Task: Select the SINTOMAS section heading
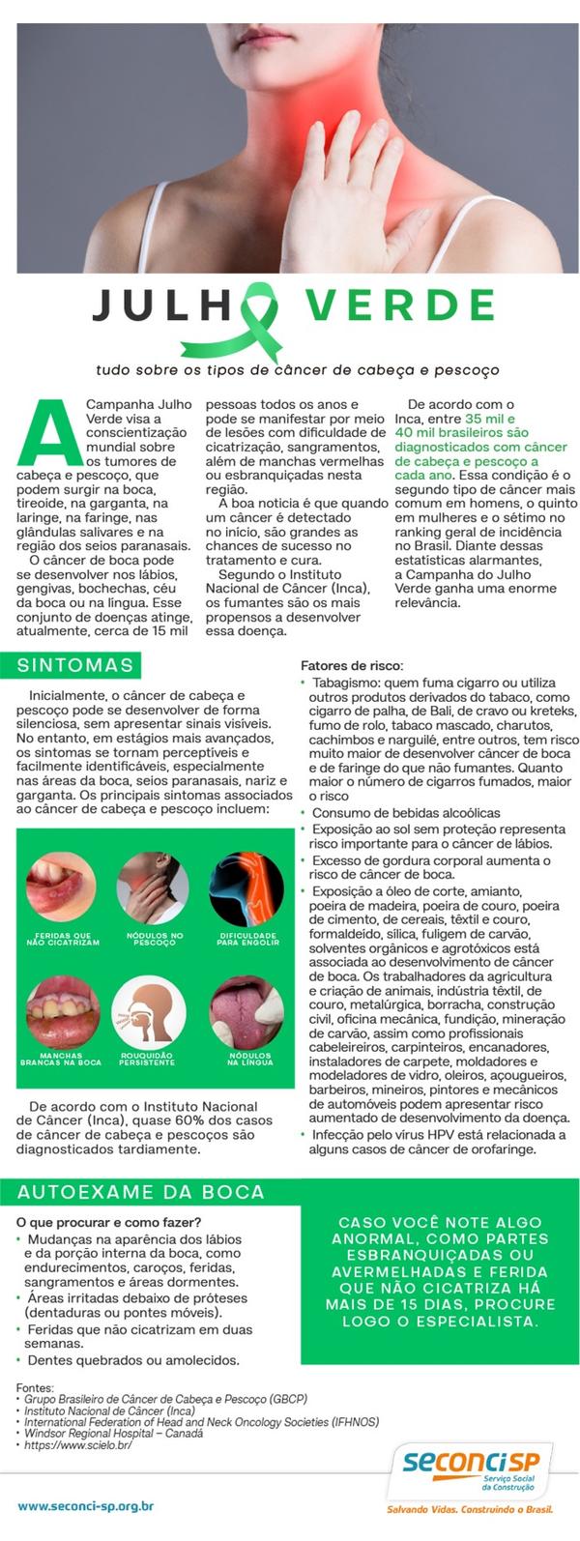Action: point(75,665)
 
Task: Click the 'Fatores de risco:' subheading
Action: point(352,665)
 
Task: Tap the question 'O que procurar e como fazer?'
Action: point(108,1221)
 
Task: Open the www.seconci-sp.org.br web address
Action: point(86,1506)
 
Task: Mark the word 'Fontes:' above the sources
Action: point(36,1386)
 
